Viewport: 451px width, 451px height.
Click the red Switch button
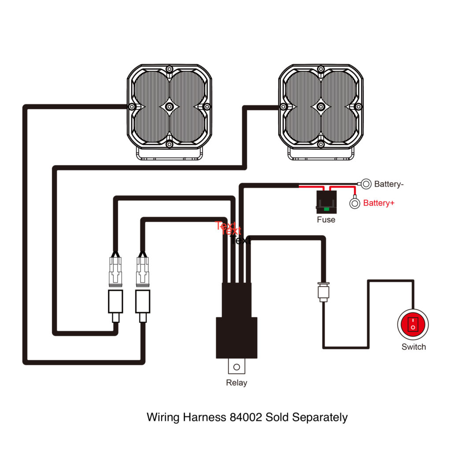[x=413, y=325]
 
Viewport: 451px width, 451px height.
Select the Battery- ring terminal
[x=366, y=184]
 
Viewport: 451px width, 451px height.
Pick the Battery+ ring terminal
[x=355, y=203]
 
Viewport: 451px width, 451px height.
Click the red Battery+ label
[x=379, y=203]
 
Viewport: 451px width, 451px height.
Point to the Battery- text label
[x=388, y=184]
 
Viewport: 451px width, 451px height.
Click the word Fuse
[x=326, y=219]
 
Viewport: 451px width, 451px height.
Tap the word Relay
[x=237, y=383]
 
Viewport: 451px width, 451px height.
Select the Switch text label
[x=414, y=347]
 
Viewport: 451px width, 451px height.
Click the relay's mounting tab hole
[x=237, y=366]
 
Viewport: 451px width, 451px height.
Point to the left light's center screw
[x=169, y=107]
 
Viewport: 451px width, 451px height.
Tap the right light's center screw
[x=321, y=107]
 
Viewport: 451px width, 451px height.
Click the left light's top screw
[x=169, y=70]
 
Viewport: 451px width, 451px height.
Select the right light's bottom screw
[x=321, y=144]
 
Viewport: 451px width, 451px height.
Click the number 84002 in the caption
[x=246, y=417]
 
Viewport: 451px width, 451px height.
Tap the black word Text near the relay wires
[x=240, y=240]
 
